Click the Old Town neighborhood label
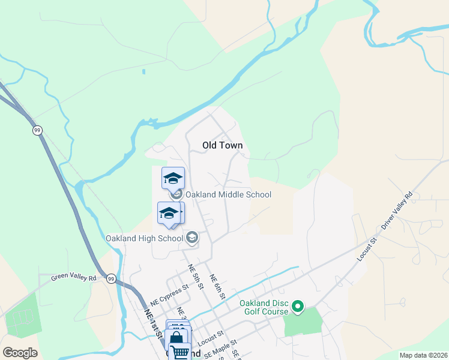pyautogui.click(x=222, y=145)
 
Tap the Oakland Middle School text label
pyautogui.click(x=228, y=194)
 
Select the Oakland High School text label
pyautogui.click(x=144, y=238)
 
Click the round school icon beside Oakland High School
pyautogui.click(x=192, y=238)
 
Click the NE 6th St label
pyautogui.click(x=217, y=287)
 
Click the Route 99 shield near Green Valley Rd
pyautogui.click(x=111, y=278)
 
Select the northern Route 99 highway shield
pyautogui.click(x=37, y=130)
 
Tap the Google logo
pyautogui.click(x=20, y=353)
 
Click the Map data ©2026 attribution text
pyautogui.click(x=423, y=355)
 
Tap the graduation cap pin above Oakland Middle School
pyautogui.click(x=173, y=178)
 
